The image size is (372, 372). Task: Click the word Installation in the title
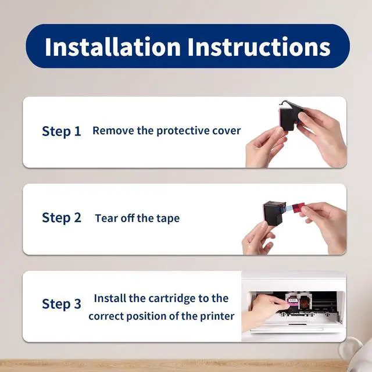(x=113, y=46)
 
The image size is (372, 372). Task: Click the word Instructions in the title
(x=259, y=47)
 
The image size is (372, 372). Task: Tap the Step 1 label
(x=62, y=131)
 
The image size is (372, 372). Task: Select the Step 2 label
(x=62, y=218)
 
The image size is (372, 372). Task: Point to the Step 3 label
(x=62, y=304)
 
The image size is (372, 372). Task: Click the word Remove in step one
(x=113, y=130)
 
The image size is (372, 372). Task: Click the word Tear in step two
(x=106, y=218)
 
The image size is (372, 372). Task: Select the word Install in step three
(x=110, y=298)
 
